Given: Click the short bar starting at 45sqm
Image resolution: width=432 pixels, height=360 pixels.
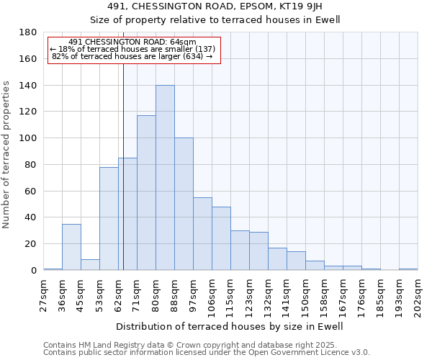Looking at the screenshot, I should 90,264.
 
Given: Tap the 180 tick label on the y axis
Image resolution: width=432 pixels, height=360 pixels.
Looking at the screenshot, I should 28,32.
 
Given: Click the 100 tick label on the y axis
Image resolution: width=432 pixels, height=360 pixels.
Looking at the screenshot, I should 28,138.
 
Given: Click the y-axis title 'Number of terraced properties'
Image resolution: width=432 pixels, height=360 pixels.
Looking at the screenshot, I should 7,155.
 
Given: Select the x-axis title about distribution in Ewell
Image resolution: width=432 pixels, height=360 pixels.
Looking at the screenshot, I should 230,326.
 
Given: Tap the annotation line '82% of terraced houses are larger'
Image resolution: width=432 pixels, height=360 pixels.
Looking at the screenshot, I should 132,56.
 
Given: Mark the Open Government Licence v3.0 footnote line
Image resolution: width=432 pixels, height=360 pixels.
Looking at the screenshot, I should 207,352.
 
